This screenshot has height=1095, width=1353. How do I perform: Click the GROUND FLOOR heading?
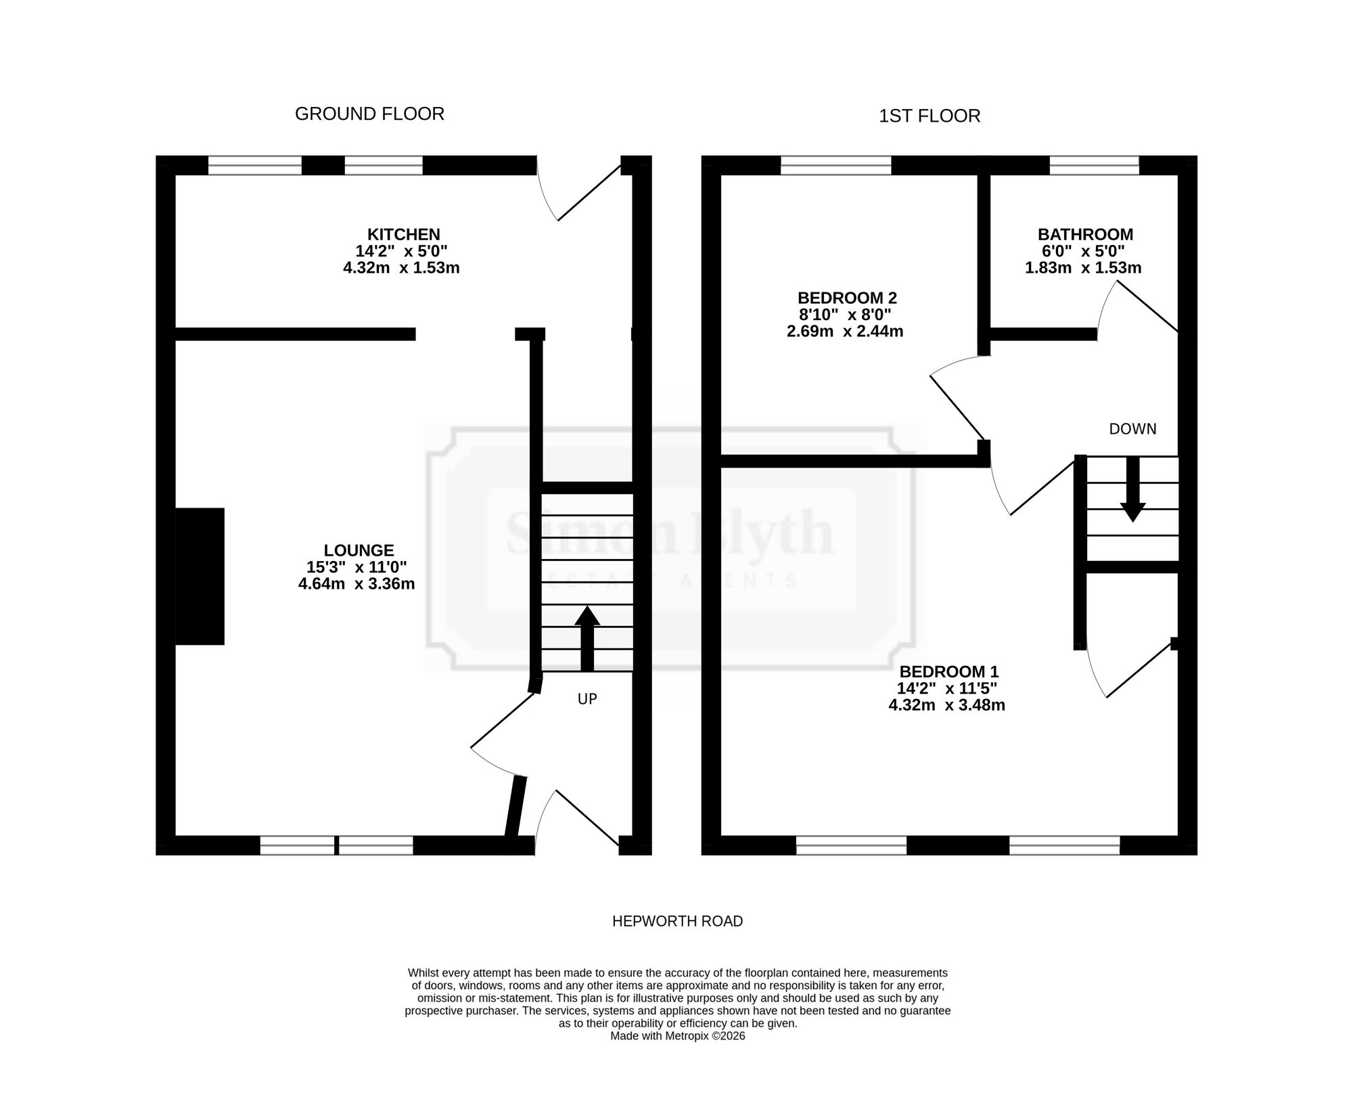tap(369, 114)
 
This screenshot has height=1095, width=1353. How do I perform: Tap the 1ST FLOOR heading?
tap(930, 116)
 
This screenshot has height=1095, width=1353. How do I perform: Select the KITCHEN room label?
tap(403, 234)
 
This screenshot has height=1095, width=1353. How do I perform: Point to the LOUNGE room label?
tap(359, 550)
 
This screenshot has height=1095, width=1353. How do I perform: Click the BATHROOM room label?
tap(1085, 234)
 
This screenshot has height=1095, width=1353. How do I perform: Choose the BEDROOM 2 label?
tap(847, 298)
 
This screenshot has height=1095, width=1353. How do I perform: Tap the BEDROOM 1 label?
tap(948, 672)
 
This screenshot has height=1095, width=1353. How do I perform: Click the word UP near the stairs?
tap(587, 699)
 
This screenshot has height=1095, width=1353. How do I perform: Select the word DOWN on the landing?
tap(1132, 429)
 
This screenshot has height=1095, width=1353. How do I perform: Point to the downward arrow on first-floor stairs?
tap(1132, 489)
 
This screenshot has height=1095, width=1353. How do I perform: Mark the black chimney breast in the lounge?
tap(200, 576)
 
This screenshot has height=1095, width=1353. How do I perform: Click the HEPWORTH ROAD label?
tap(677, 921)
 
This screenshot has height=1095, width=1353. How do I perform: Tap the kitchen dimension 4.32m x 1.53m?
tap(401, 267)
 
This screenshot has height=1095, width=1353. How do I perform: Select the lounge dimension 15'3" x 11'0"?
tap(357, 567)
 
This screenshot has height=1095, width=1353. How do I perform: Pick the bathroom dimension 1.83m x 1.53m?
tap(1083, 267)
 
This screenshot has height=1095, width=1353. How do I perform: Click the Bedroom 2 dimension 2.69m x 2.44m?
tap(845, 332)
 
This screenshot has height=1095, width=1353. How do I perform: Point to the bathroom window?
tap(1094, 165)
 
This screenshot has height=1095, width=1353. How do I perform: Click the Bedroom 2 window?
tap(836, 165)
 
